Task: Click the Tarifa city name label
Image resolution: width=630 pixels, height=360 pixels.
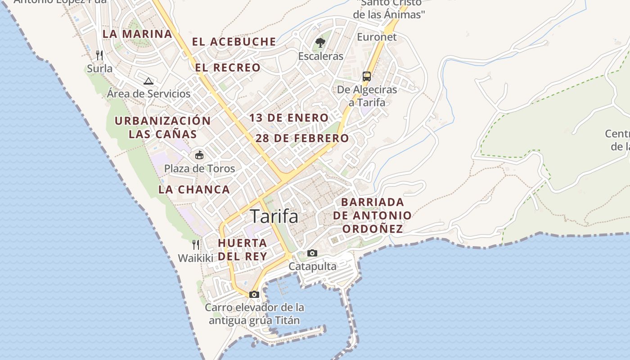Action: (x=274, y=216)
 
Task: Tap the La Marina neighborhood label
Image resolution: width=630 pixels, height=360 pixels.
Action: (x=137, y=34)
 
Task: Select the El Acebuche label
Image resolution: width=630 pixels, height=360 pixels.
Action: (x=234, y=42)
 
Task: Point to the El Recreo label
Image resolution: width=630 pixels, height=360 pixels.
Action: (x=228, y=68)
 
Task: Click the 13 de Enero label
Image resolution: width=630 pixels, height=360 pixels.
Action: (x=289, y=118)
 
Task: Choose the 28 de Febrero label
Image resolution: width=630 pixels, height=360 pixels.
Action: (x=302, y=138)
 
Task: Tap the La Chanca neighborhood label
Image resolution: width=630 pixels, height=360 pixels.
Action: (x=194, y=189)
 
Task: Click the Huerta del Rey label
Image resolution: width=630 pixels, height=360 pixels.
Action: (x=243, y=249)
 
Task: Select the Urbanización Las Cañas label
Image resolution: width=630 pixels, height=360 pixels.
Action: (x=162, y=127)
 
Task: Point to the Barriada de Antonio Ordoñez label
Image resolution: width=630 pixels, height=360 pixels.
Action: (x=372, y=215)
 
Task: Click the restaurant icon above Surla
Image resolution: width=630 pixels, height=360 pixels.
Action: (x=100, y=55)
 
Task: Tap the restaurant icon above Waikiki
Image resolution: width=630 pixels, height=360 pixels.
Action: (x=196, y=245)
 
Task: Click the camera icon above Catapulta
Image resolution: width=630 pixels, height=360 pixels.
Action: (x=312, y=253)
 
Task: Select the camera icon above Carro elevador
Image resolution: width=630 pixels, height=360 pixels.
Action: (x=254, y=295)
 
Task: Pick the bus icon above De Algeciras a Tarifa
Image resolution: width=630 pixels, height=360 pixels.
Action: (x=367, y=76)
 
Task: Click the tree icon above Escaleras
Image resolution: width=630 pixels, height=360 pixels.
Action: (x=320, y=43)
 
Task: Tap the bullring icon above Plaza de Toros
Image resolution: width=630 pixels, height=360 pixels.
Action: (x=199, y=155)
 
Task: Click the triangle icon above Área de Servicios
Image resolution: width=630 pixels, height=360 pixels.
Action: (x=148, y=81)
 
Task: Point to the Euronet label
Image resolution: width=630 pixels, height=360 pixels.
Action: (x=377, y=37)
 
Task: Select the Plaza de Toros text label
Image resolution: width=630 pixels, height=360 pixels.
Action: (x=199, y=169)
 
